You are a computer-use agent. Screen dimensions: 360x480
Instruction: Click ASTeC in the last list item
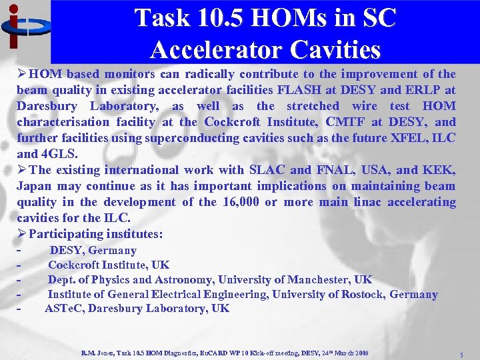click(x=64, y=308)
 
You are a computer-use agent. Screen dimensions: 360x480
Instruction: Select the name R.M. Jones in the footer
click(x=97, y=352)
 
